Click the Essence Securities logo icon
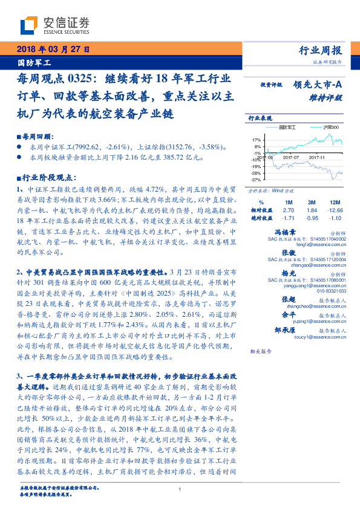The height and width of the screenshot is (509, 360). coord(29,24)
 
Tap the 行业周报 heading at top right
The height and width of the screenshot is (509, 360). coord(321,51)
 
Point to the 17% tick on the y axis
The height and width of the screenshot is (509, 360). coord(256,140)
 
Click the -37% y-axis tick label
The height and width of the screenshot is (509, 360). coord(255,180)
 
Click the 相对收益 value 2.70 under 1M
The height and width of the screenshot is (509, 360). coord(288,209)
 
